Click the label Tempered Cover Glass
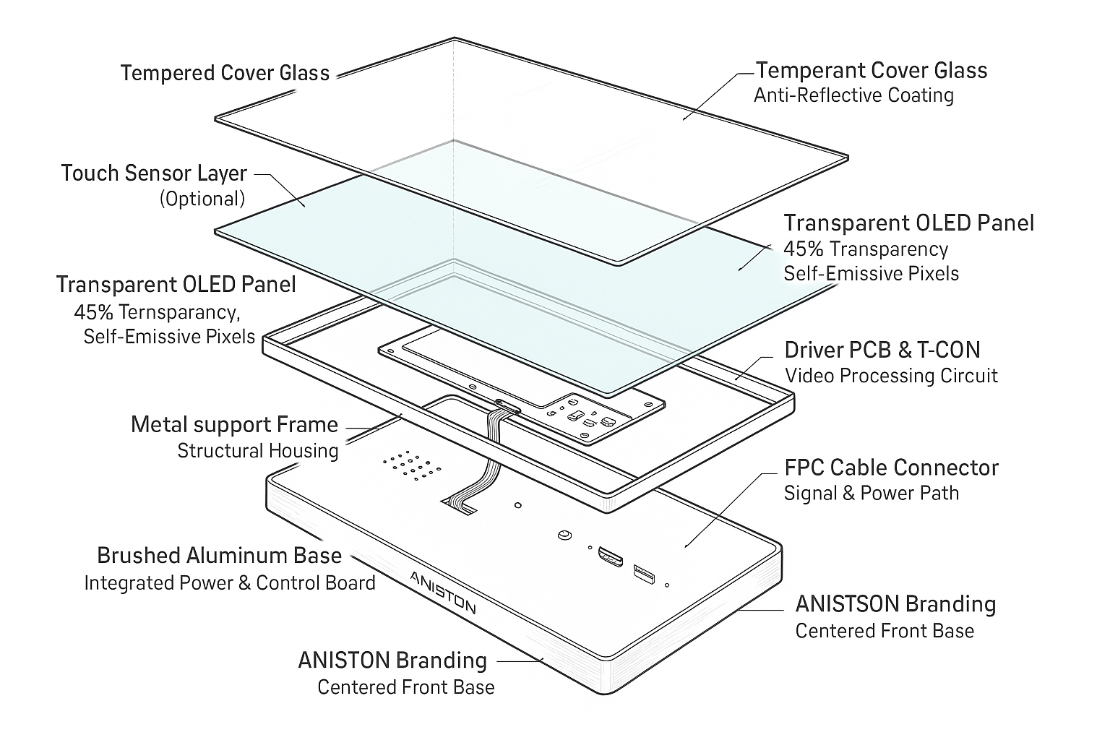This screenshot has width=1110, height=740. (x=225, y=73)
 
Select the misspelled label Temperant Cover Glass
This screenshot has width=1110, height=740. (x=871, y=70)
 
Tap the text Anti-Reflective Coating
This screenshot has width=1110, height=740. (x=853, y=95)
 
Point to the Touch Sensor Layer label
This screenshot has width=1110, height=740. (x=154, y=173)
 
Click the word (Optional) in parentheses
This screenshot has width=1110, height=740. (x=202, y=199)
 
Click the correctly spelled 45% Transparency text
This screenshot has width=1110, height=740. (x=866, y=249)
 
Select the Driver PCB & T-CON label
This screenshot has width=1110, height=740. (x=882, y=350)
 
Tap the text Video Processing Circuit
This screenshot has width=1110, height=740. (x=890, y=376)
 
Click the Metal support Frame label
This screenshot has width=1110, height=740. (x=234, y=425)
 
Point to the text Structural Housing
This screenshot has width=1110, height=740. (x=258, y=451)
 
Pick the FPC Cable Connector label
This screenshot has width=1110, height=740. (x=891, y=468)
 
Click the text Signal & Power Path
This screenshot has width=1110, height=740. (x=871, y=494)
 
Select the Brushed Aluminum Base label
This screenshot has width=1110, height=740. (x=219, y=556)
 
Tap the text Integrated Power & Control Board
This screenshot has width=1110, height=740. (x=230, y=583)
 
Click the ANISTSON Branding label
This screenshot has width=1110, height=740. (x=895, y=604)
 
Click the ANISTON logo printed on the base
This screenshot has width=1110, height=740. (x=442, y=591)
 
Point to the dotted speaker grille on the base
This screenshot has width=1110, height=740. (x=411, y=466)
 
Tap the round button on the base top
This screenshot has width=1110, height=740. (x=564, y=535)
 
